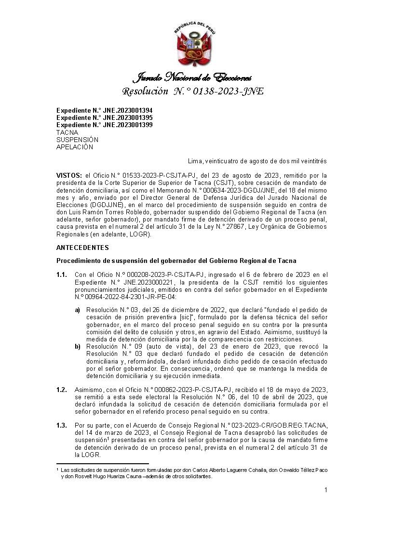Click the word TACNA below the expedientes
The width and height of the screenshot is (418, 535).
67,132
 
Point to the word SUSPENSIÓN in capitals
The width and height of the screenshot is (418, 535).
78,140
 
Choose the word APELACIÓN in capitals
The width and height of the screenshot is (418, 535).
75,147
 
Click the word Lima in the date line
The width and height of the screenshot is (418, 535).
195,161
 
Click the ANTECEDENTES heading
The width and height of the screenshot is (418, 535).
83,248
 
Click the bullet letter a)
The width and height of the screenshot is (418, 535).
78,310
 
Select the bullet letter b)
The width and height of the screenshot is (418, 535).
78,347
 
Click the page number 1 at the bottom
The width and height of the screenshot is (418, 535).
326,490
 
